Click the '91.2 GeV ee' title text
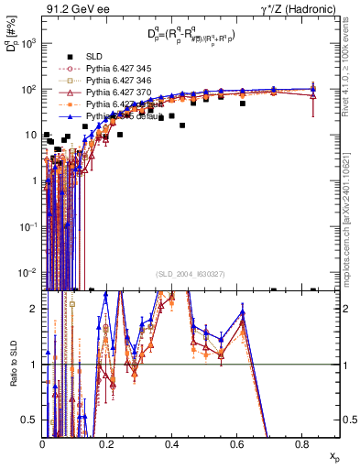coord(76,11)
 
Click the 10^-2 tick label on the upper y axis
coord(28,272)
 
